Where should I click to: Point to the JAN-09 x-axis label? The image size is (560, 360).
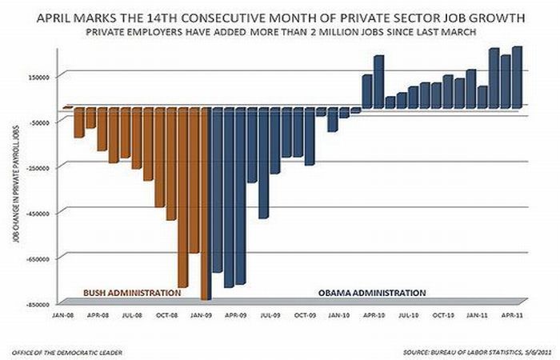click(x=202, y=315)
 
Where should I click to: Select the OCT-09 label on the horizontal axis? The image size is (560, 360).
click(x=305, y=315)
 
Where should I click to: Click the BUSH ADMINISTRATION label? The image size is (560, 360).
click(x=132, y=292)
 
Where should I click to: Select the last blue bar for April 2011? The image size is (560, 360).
click(x=517, y=76)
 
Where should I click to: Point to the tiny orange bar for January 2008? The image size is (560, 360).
click(x=68, y=107)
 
